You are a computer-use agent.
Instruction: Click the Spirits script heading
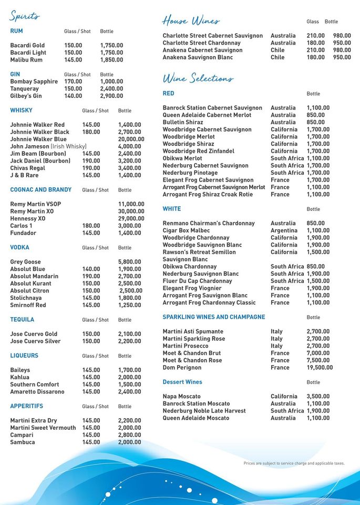pos(24,16)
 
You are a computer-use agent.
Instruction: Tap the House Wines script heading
pos(191,21)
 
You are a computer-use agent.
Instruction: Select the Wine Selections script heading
pos(198,78)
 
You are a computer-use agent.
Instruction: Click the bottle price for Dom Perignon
pos(320,368)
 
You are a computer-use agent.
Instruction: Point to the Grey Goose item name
pos(25,262)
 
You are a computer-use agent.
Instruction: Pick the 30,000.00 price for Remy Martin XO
pos(131,211)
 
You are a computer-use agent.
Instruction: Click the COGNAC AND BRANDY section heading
pos(40,190)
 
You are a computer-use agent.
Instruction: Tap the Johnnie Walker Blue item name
pos(38,139)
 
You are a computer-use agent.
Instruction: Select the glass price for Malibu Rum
pos(73,60)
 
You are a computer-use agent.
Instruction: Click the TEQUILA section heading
pos(22,320)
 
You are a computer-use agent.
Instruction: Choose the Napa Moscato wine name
pos(181,397)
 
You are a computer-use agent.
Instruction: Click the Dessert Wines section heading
pos(182,382)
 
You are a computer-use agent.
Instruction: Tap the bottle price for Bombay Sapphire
pos(111,82)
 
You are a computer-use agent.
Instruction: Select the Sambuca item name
pos(23,442)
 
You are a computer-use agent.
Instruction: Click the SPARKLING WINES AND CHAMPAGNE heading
pos(213,317)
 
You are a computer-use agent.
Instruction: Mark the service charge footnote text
pos(294,463)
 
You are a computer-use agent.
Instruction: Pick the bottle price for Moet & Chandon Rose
pos(318,360)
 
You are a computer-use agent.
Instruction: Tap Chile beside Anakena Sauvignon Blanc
pos(277,57)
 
